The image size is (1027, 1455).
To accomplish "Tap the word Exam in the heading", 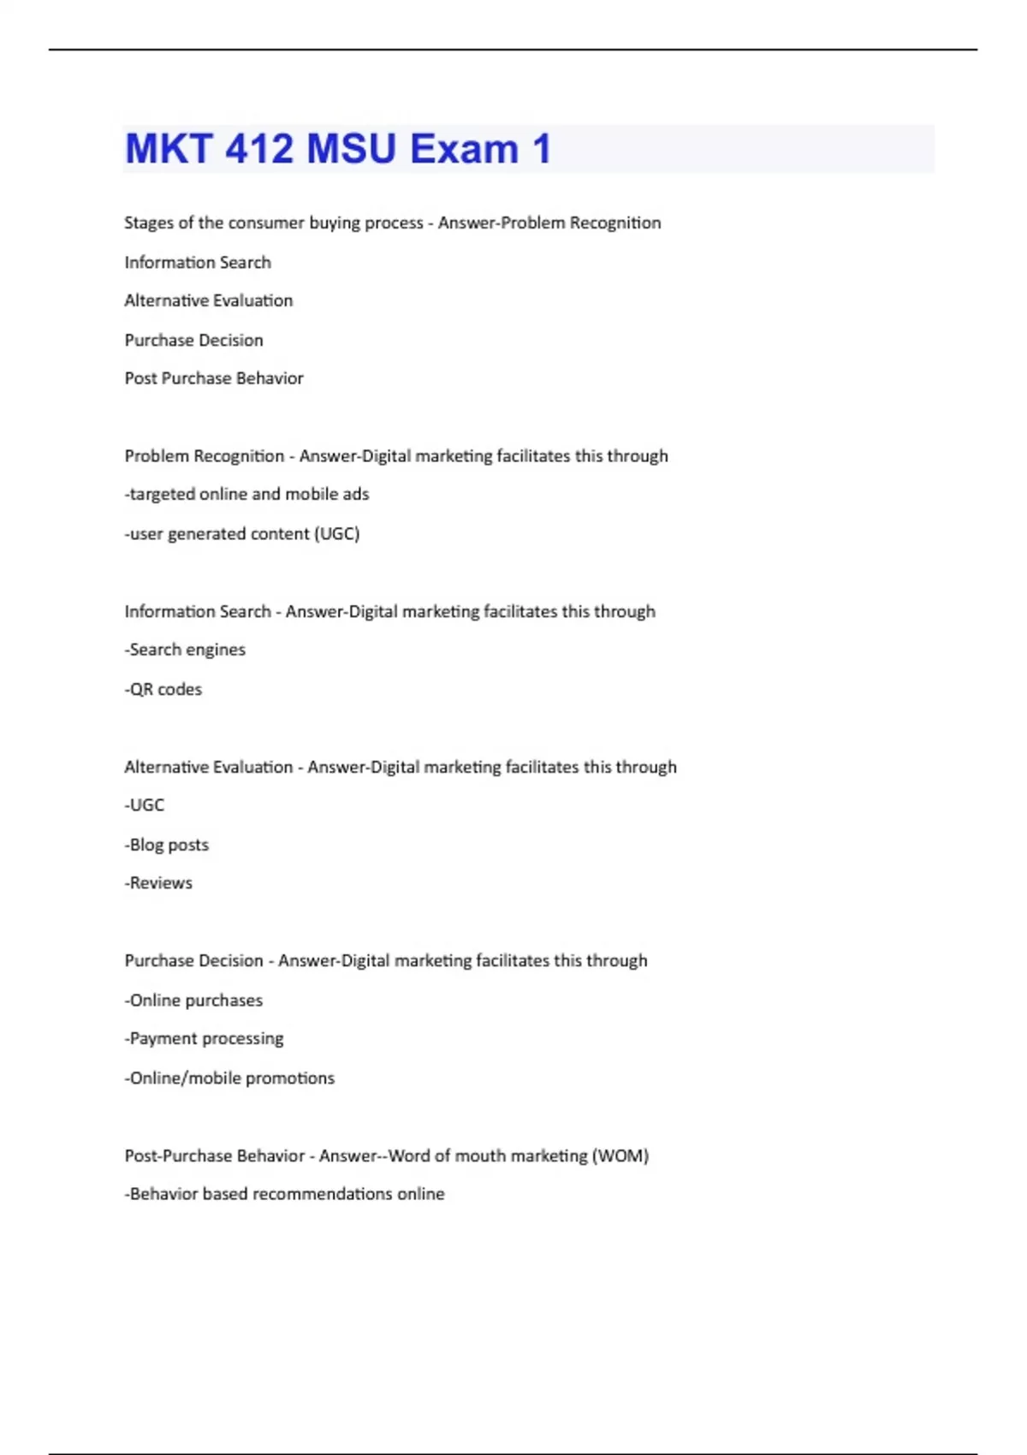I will (464, 149).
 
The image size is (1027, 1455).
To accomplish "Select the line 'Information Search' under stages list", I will (198, 262).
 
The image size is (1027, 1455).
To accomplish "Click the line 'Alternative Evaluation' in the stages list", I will (209, 300).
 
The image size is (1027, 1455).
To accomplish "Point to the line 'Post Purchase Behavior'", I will (214, 378).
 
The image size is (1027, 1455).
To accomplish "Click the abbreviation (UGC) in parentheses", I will (337, 534).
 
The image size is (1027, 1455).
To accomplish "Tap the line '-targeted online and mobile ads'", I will (246, 494).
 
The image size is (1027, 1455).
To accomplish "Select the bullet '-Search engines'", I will (185, 650).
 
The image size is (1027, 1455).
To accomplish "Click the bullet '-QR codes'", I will (163, 689).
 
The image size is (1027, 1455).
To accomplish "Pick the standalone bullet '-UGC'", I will (145, 805).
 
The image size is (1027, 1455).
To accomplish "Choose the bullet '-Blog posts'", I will (167, 845).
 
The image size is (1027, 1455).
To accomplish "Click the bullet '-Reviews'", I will (158, 883).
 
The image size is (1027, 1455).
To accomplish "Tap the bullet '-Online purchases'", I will (193, 1001).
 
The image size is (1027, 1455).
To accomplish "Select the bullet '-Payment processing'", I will (204, 1039).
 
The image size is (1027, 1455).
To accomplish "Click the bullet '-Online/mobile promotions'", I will (229, 1078).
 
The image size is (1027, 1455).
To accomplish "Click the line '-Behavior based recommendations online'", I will (284, 1194).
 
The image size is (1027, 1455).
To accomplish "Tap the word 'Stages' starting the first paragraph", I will (148, 223).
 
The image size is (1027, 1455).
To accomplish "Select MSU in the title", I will (351, 149).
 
